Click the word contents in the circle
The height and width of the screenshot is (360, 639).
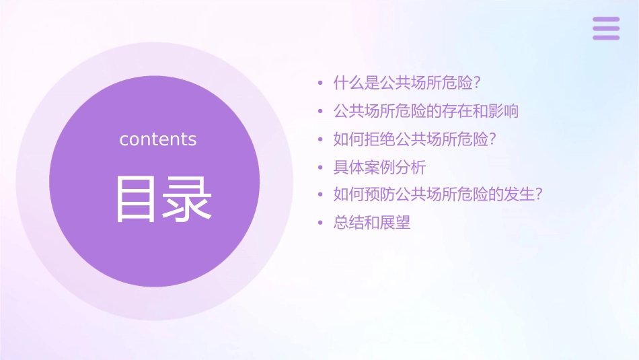tap(158, 139)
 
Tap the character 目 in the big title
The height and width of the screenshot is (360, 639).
tap(137, 199)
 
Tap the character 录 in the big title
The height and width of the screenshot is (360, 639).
tap(189, 199)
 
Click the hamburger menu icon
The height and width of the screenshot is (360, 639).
tap(605, 28)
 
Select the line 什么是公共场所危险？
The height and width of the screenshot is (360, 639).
tap(408, 83)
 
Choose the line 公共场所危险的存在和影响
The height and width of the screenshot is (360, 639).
tap(426, 111)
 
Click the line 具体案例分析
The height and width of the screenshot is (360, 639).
tap(379, 167)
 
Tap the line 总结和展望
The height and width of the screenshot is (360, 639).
tap(372, 223)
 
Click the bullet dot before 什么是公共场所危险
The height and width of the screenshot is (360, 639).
tap(321, 84)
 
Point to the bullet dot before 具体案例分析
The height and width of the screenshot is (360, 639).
tap(321, 168)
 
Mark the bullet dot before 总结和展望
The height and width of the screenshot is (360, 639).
tap(321, 223)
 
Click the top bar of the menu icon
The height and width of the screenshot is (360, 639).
tap(605, 20)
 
